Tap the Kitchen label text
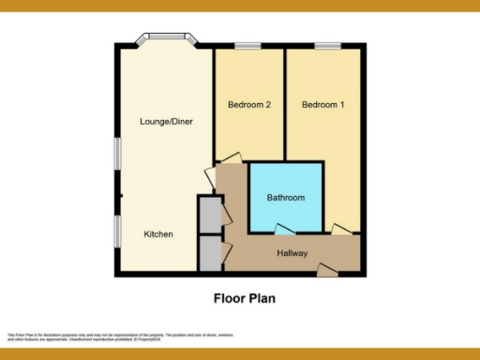point(157,233)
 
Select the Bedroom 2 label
point(249,105)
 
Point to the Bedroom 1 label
point(322,105)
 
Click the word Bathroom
point(286,198)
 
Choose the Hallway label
point(293,254)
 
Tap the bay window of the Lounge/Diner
point(165,39)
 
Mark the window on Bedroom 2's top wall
point(247,45)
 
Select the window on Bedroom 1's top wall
point(326,45)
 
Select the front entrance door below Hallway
point(327,271)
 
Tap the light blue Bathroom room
point(286,183)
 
